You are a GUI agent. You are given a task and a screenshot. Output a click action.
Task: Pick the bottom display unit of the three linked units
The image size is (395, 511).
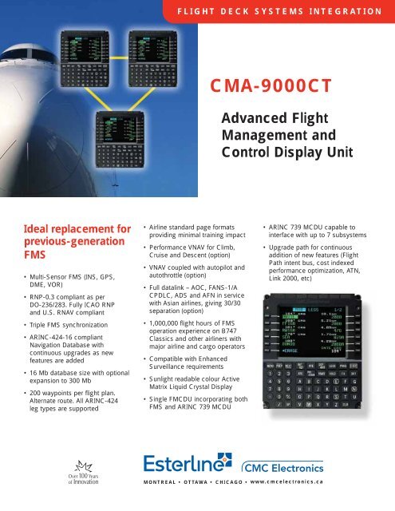(119, 136)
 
